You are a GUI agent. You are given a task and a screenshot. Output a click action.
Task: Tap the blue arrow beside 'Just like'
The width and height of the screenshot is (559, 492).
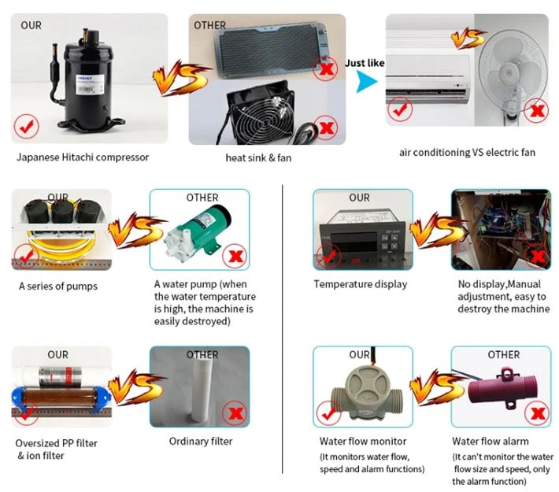[x=366, y=82]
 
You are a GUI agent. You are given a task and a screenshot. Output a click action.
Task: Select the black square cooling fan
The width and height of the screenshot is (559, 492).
[x=261, y=113]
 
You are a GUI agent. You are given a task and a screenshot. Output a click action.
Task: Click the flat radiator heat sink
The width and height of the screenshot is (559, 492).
[x=270, y=50]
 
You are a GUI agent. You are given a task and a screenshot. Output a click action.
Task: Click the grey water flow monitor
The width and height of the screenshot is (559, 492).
[x=367, y=393]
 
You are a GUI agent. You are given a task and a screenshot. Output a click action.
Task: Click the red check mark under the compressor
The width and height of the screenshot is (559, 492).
[x=27, y=126]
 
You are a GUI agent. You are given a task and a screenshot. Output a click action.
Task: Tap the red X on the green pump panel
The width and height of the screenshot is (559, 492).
[x=235, y=256]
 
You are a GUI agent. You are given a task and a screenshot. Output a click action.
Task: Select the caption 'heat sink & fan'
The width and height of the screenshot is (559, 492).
[x=258, y=158]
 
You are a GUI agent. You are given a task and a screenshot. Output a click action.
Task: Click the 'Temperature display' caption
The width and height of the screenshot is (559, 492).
[x=361, y=284]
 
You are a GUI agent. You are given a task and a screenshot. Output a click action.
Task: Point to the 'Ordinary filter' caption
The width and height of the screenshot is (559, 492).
[x=201, y=442]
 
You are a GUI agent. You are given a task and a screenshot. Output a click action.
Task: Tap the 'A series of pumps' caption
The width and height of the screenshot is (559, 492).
[x=58, y=287]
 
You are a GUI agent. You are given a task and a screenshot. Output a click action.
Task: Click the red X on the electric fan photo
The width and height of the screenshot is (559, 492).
[x=537, y=111]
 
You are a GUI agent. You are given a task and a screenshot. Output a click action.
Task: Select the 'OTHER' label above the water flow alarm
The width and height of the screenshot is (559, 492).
[x=504, y=355]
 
